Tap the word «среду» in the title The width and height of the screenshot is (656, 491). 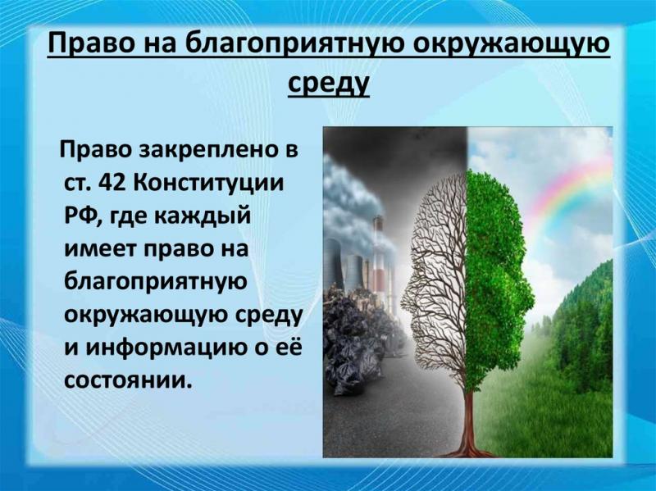click(x=329, y=83)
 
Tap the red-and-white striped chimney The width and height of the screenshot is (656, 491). click(x=379, y=259)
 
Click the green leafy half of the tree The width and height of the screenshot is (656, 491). click(x=498, y=272)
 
